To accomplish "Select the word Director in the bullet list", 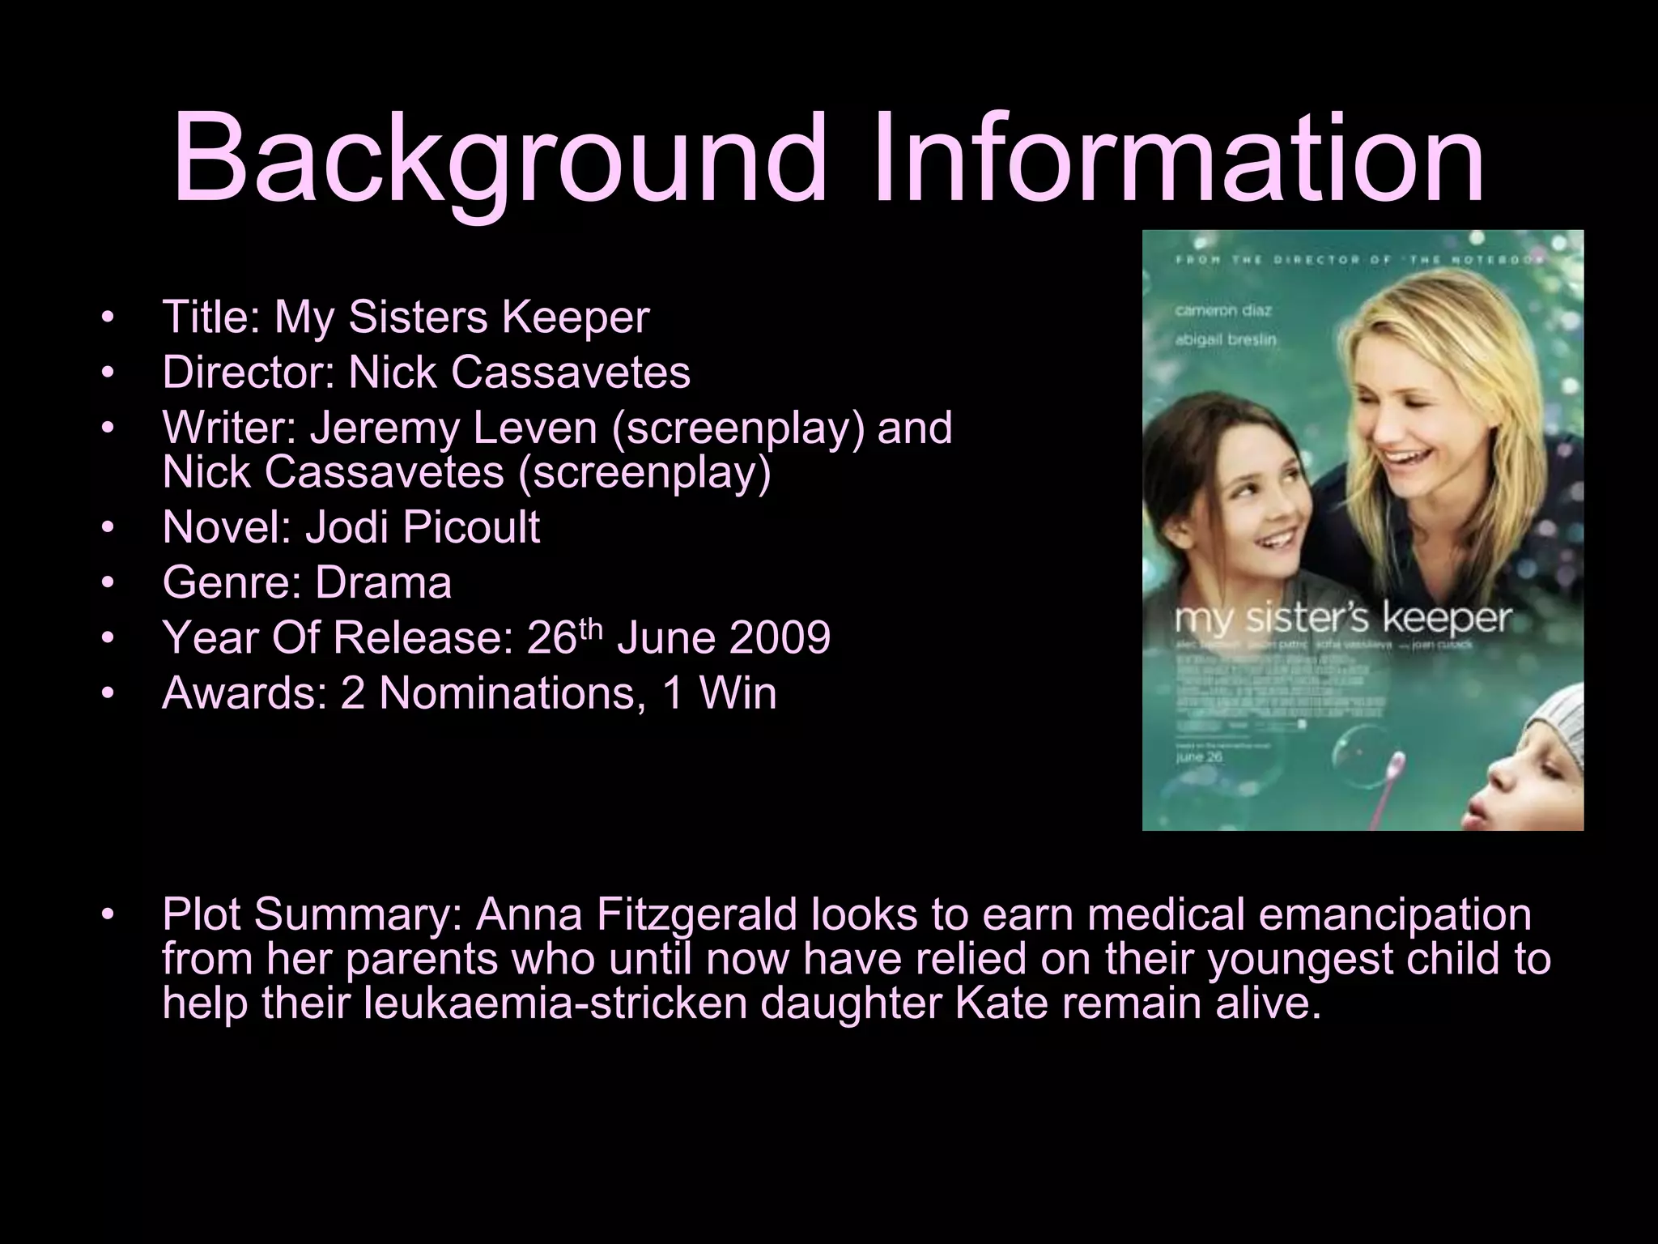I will [x=248, y=373].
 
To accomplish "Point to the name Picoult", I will [x=470, y=527].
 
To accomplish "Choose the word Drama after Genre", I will [x=383, y=583].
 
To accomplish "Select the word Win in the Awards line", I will [x=738, y=693].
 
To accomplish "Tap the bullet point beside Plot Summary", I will [x=108, y=915].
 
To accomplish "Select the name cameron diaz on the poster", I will [x=1223, y=311].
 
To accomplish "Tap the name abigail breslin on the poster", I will [x=1225, y=339].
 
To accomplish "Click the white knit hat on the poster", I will [x=1545, y=722].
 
